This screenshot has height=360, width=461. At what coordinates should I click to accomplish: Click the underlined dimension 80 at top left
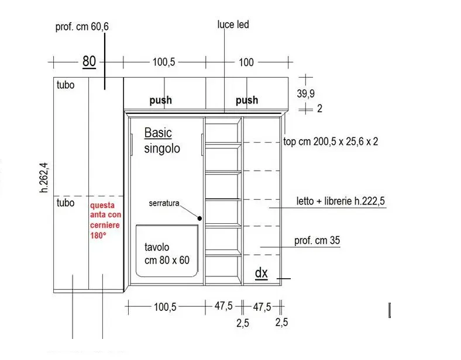click(x=89, y=61)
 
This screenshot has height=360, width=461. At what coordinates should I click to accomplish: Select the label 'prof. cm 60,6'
click(x=81, y=27)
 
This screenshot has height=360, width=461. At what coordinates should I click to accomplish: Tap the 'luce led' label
click(x=233, y=25)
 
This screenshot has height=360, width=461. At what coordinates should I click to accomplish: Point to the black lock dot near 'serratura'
click(x=200, y=218)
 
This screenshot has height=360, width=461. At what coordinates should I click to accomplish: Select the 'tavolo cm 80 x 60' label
click(x=167, y=254)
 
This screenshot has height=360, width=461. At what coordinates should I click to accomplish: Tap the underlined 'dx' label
click(x=261, y=273)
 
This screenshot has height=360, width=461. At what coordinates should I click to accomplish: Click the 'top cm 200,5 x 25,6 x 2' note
click(x=331, y=142)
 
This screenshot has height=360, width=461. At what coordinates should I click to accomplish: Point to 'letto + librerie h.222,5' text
click(x=341, y=202)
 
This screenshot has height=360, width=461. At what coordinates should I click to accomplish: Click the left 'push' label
click(x=160, y=100)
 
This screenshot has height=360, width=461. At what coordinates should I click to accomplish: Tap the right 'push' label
click(x=246, y=100)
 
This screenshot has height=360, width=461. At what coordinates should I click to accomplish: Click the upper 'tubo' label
click(x=66, y=85)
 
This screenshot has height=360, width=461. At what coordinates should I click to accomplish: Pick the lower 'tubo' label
click(x=66, y=203)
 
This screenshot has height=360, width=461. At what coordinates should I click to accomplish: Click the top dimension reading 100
click(x=246, y=62)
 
